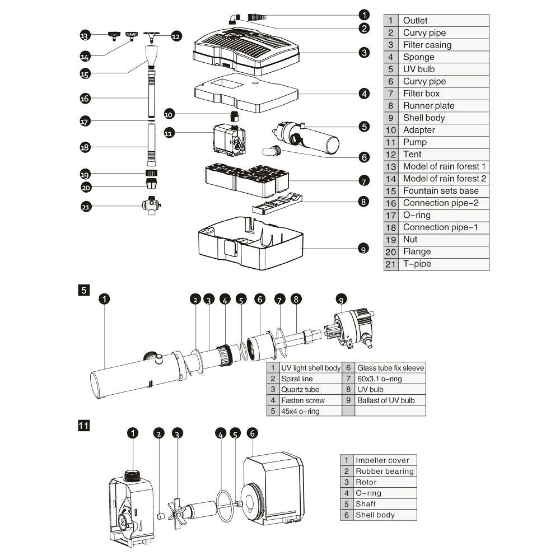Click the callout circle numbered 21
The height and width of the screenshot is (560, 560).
pos(86,207)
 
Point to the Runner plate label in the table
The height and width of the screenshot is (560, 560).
pos(428,106)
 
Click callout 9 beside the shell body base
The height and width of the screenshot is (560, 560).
pos(364,249)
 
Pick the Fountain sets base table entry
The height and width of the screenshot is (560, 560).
pos(441,191)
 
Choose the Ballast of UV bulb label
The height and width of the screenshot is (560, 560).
pos(386,400)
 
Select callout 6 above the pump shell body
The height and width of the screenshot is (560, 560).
pos(252,433)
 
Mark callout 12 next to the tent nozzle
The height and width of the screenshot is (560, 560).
pos(176,36)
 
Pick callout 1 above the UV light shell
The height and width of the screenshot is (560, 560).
pos(104,299)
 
